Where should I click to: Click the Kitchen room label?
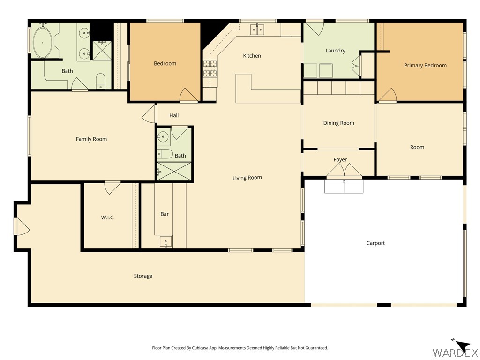point(252,56)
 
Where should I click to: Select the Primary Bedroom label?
point(425,65)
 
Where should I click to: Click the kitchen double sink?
point(257,30)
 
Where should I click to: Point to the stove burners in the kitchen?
point(210,68)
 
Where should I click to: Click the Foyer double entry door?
point(345,171)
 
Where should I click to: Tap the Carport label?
point(375,243)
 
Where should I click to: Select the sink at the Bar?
point(166,241)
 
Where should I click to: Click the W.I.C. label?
point(108,217)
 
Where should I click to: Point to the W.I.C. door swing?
point(112,188)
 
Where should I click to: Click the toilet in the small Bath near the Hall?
point(165,154)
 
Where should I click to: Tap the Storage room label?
point(143,276)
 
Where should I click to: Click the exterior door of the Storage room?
point(22,226)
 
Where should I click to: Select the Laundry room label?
point(335,51)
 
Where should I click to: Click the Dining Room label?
point(338,123)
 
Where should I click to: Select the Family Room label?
point(91,139)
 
